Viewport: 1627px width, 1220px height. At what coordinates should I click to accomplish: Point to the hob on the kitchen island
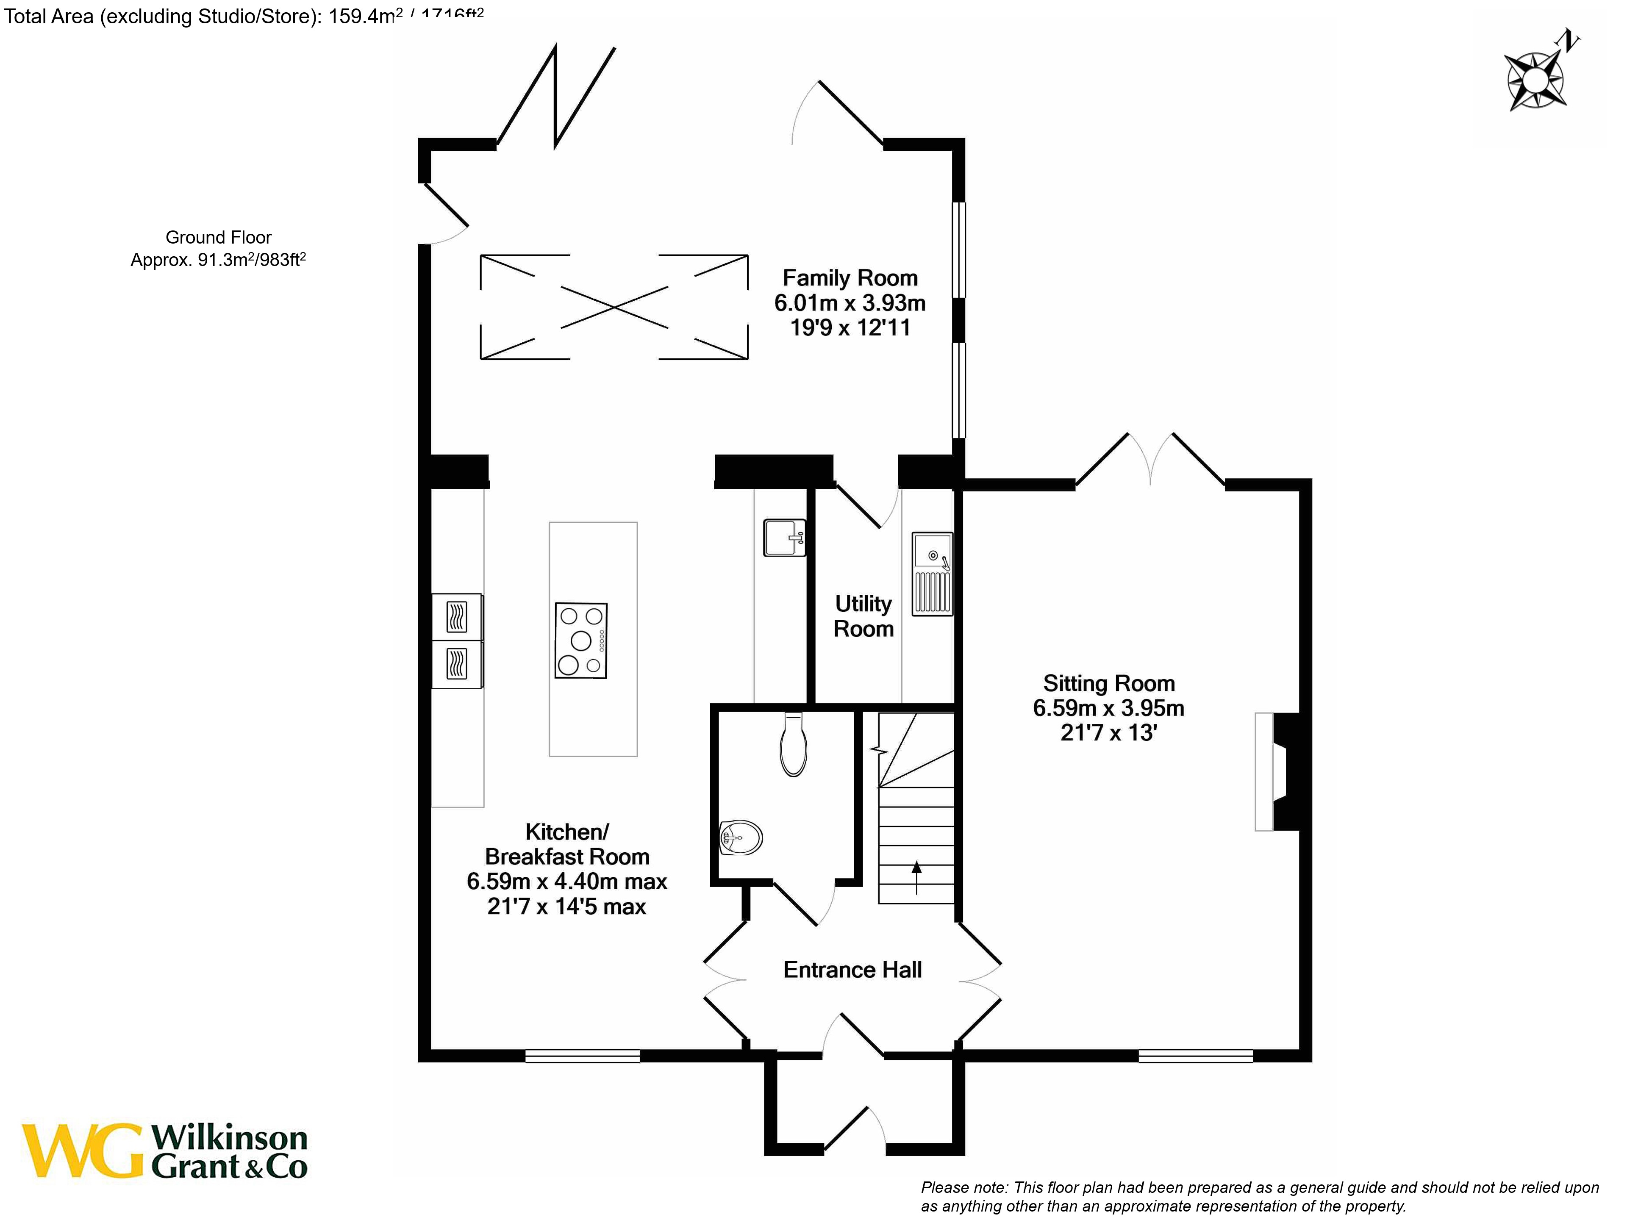point(581,640)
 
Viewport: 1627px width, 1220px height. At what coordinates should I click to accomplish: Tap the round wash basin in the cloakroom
point(741,837)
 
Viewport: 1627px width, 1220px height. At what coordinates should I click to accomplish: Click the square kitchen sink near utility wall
point(784,538)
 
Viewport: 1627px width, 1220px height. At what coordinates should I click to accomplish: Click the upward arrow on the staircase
point(916,875)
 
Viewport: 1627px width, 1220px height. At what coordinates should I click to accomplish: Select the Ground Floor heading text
point(219,238)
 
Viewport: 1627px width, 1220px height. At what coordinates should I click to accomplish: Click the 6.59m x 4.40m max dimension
point(566,882)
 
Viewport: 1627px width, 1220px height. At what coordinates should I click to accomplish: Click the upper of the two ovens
point(457,617)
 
